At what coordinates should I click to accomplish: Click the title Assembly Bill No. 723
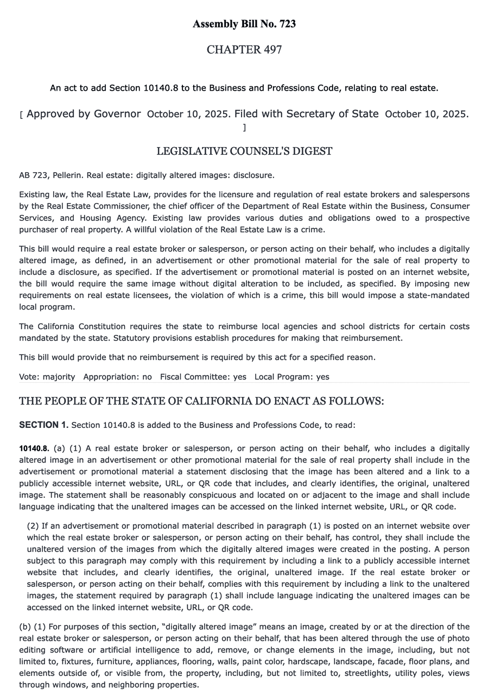click(x=244, y=24)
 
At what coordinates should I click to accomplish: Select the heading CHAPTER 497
click(x=244, y=50)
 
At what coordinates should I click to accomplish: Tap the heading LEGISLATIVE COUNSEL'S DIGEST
click(x=244, y=151)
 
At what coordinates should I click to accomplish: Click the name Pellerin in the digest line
click(x=67, y=175)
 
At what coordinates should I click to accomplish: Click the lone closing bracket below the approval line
click(x=244, y=128)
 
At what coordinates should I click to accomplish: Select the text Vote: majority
click(x=47, y=377)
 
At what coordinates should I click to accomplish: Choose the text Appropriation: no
click(x=117, y=377)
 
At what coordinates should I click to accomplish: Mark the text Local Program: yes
click(x=291, y=377)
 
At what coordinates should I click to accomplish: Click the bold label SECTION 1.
click(x=43, y=425)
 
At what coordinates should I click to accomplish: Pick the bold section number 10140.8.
click(x=34, y=448)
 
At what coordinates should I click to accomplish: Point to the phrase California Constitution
click(x=73, y=326)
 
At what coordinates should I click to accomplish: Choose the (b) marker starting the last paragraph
click(x=25, y=627)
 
